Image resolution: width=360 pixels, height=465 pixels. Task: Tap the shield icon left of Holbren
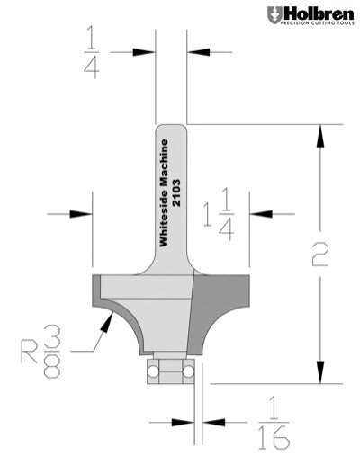pyautogui.click(x=274, y=15)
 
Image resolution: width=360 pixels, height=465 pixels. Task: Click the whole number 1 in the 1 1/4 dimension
pyautogui.click(x=207, y=213)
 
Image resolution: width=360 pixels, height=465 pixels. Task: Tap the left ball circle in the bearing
pyautogui.click(x=157, y=369)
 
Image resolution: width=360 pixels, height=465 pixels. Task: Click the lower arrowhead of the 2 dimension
pyautogui.click(x=318, y=376)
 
